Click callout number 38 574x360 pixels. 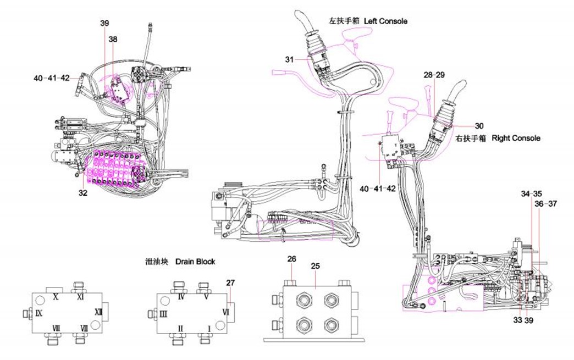pos(113,40)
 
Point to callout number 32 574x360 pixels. pos(83,193)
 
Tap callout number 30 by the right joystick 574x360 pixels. pos(479,125)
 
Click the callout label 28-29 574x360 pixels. pos(434,74)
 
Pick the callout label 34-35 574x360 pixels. pos(531,194)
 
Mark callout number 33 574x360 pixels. pos(518,320)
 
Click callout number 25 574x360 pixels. pos(316,266)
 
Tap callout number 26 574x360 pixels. pos(291,258)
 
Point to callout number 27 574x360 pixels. pos(230,283)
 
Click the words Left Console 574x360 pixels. pos(385,21)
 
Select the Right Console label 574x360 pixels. pos(516,138)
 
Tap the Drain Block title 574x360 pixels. pos(195,262)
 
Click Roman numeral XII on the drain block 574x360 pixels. pos(98,312)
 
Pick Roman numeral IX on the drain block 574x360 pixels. pos(39,313)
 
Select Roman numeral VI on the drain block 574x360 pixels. pos(225,311)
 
